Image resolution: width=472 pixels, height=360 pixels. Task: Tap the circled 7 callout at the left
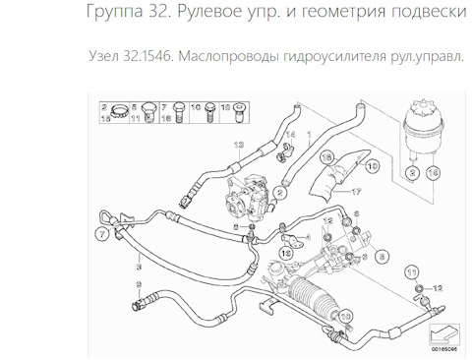(101, 233)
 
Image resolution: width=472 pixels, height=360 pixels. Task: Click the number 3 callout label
(143, 264)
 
